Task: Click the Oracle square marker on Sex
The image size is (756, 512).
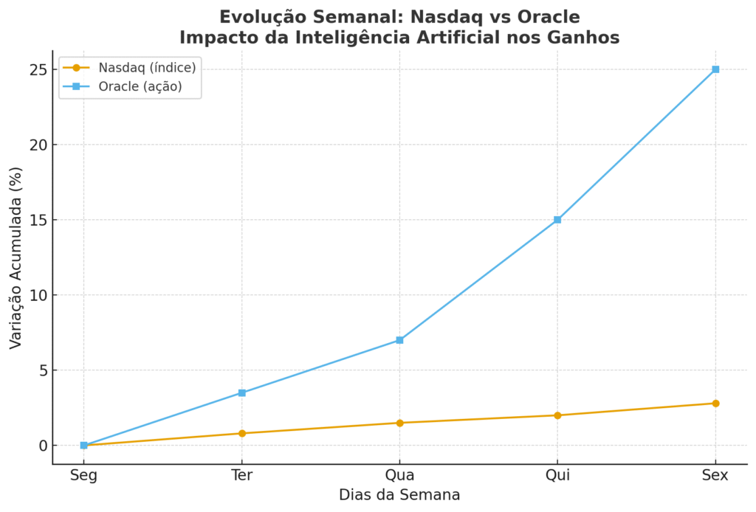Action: pos(715,69)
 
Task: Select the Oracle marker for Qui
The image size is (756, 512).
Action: pos(557,220)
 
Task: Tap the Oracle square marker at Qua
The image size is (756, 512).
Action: pos(399,340)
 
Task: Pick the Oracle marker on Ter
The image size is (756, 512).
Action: pos(241,392)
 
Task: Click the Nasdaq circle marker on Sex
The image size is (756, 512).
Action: pos(715,404)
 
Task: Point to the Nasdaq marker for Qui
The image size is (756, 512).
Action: pos(557,415)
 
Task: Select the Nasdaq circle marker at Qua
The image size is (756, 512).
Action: pos(399,423)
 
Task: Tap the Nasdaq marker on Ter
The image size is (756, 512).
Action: pos(241,433)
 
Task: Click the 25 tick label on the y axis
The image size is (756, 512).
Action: pos(38,69)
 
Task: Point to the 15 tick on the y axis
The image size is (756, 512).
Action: pos(38,220)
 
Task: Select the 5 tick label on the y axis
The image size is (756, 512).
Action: pos(43,370)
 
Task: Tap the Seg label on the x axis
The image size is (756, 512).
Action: pos(83,476)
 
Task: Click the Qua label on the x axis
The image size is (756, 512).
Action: pos(399,476)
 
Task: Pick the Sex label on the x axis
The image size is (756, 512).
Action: pos(715,476)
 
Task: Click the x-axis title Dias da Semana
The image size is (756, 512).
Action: pos(399,496)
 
